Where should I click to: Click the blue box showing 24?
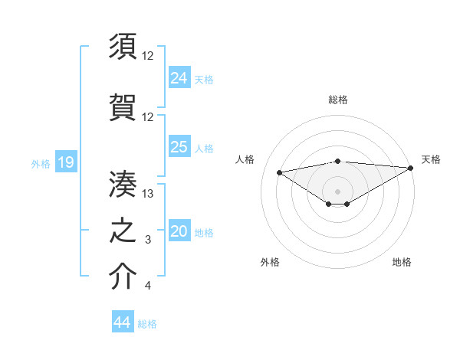(179, 77)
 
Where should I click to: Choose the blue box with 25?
(179, 147)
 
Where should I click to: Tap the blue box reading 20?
(179, 232)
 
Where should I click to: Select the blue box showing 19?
(65, 162)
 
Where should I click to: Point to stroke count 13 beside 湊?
(149, 194)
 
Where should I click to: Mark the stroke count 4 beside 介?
(147, 286)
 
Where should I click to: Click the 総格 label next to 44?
(147, 324)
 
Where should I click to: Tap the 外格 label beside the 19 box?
(40, 163)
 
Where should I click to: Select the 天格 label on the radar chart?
(431, 159)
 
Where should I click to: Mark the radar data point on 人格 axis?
(279, 172)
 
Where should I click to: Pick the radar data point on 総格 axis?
(337, 161)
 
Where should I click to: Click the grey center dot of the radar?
(337, 191)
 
